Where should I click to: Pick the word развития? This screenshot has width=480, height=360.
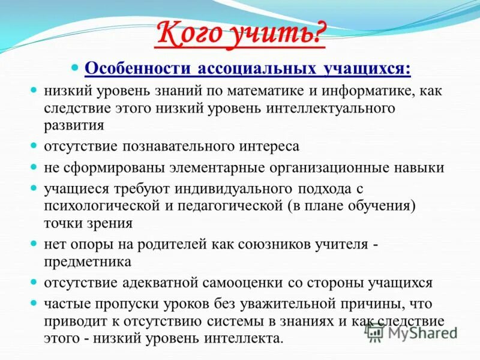(x=74, y=125)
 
